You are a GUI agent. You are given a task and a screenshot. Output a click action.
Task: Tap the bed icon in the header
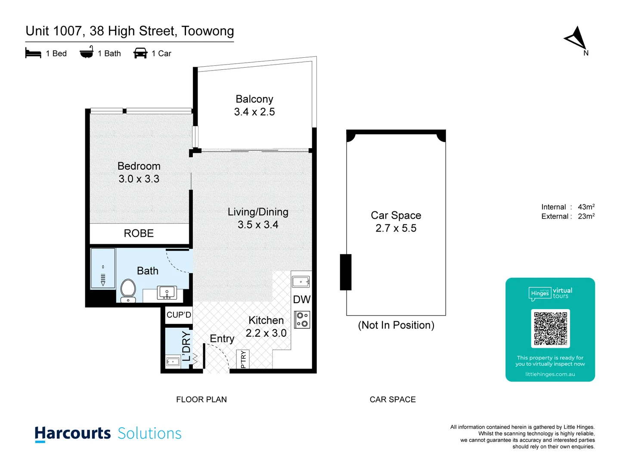coord(33,53)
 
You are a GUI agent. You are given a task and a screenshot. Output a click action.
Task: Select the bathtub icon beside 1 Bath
coord(87,52)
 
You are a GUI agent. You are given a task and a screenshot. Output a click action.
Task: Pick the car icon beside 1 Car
coord(140,53)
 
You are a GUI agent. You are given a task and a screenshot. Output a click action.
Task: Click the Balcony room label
coord(254,99)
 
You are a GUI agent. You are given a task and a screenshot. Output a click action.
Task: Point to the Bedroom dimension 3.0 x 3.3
coord(139,179)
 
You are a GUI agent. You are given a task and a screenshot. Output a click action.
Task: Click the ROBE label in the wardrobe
coord(139,233)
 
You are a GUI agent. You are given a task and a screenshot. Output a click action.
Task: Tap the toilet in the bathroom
coord(128,291)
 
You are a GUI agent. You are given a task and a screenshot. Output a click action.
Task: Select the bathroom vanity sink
coord(167,292)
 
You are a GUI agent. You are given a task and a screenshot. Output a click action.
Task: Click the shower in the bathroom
coord(103,268)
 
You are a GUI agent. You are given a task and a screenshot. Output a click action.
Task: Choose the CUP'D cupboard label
coord(179,315)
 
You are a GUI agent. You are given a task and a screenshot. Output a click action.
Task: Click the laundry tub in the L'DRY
coord(173,362)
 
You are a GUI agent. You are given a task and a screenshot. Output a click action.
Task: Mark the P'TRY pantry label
coord(243,360)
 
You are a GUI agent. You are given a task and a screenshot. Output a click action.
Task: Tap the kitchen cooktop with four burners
coord(302,319)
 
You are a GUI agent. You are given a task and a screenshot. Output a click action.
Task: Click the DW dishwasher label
coord(301,300)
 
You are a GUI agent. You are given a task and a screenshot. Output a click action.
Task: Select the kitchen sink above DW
coord(301,282)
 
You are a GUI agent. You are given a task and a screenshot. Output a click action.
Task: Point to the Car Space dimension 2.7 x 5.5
coord(396,228)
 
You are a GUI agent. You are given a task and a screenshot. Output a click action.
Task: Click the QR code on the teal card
coord(550,329)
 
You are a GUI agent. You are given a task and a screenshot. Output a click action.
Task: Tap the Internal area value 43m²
coord(586,207)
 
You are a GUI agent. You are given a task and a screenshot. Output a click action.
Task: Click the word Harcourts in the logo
coord(73,433)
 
